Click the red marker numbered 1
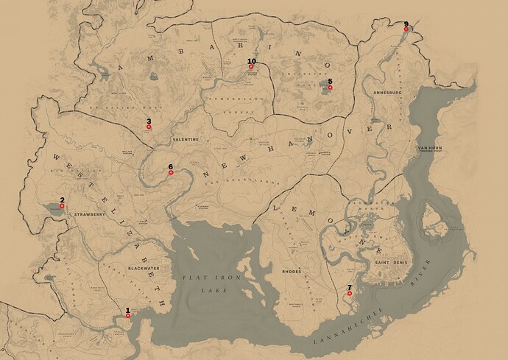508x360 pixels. click(x=128, y=316)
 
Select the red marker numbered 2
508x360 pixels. click(x=63, y=207)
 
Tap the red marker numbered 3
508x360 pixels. click(x=149, y=127)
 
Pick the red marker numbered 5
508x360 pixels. click(x=330, y=88)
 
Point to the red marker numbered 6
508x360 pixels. click(x=171, y=174)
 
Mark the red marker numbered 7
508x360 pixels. click(x=350, y=294)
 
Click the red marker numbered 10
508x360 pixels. click(x=252, y=67)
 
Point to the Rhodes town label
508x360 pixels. click(x=292, y=272)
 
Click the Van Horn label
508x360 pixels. click(x=432, y=149)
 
